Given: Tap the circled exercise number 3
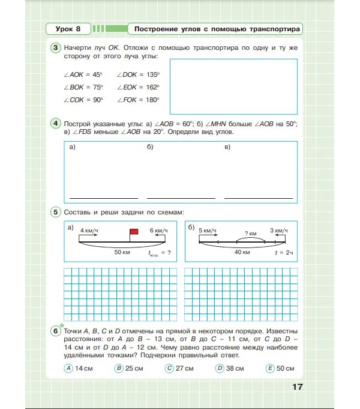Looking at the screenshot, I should point(55,48).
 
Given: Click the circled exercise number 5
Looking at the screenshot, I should point(55,212).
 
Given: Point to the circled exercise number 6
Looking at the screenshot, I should point(55,331).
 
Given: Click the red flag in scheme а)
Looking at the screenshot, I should point(134,232).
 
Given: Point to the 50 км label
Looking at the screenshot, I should point(122,252).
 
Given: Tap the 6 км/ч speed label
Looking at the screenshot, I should point(158,231).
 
